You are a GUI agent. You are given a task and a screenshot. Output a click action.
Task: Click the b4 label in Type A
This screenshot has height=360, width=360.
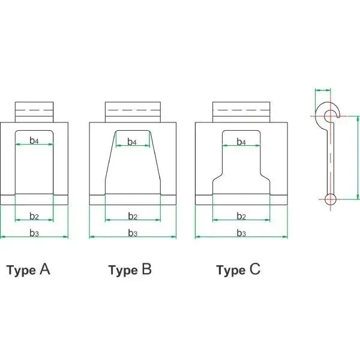(x=34, y=140)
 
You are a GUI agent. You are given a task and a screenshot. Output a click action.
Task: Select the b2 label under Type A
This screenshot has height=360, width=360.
(x=34, y=216)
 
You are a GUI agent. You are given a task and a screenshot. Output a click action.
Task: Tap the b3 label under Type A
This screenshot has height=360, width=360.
(x=34, y=233)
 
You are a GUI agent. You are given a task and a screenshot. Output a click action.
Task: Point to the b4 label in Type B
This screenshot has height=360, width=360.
(x=132, y=142)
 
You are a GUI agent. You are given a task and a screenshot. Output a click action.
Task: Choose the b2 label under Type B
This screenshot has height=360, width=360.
(x=133, y=216)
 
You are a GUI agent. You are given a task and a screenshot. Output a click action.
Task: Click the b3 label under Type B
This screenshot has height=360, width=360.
(x=133, y=233)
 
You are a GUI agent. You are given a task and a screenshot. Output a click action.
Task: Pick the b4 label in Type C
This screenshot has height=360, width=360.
(x=241, y=142)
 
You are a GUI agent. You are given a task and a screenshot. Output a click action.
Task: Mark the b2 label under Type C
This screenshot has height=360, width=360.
(x=241, y=216)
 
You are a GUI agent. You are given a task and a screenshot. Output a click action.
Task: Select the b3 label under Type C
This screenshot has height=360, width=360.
(x=241, y=233)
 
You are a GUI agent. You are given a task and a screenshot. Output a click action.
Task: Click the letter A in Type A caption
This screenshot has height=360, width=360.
(x=45, y=269)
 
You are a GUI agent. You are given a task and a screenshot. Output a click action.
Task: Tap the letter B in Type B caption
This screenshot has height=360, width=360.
(x=147, y=269)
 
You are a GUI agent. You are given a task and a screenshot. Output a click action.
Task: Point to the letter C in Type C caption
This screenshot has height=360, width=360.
(x=255, y=269)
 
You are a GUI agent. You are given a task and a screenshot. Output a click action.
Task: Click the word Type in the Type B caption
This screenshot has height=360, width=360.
(x=123, y=270)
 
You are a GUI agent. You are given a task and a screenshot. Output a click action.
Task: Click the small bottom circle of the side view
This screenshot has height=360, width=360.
(x=331, y=199)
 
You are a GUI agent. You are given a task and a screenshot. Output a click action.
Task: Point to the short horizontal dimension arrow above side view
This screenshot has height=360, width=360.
(x=323, y=91)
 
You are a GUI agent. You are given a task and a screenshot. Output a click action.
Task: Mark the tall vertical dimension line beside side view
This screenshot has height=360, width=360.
(x=358, y=158)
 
